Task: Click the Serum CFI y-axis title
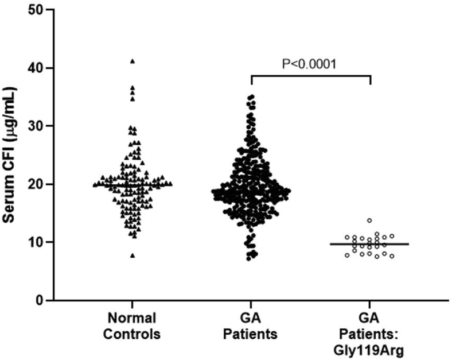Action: click(x=10, y=154)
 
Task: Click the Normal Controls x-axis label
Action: click(x=133, y=325)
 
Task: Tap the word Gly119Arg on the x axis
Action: click(x=370, y=347)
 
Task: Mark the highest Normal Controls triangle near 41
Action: click(x=133, y=61)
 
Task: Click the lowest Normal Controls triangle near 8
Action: click(x=133, y=256)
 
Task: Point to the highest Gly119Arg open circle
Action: click(x=369, y=220)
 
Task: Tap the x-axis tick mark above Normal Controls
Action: click(x=133, y=304)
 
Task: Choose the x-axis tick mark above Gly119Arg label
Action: click(x=370, y=304)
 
